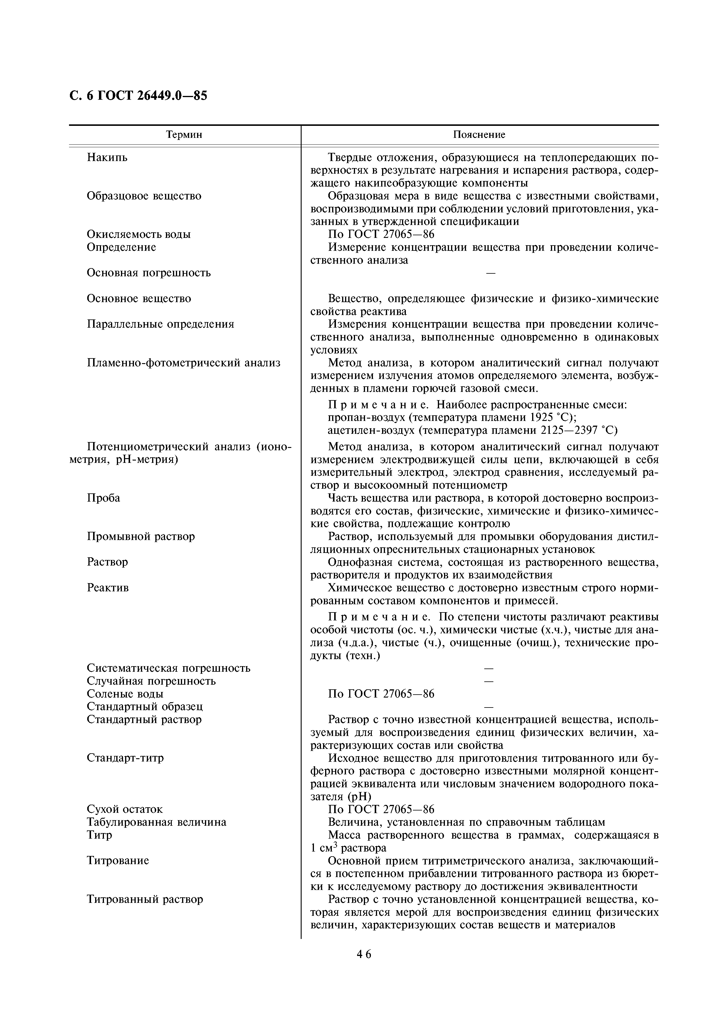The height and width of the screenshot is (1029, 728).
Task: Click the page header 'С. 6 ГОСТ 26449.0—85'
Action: [138, 96]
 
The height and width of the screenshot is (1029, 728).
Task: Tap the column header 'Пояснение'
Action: [479, 135]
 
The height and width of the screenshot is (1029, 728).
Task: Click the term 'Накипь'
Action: [107, 158]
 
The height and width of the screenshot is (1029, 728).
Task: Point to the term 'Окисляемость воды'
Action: [139, 234]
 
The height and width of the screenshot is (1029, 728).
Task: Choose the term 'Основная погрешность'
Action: [149, 273]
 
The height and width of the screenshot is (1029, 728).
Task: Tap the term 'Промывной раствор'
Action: [141, 536]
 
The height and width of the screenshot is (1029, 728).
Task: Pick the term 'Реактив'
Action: [108, 588]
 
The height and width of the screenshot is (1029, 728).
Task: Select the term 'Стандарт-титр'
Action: [125, 758]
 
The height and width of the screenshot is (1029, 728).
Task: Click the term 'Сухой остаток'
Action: [125, 809]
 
